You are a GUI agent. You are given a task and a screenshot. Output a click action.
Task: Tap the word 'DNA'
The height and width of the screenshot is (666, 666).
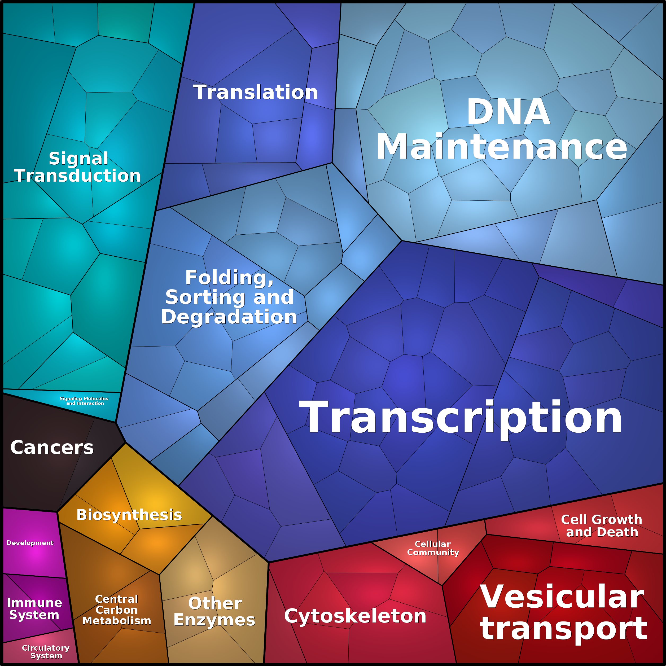pyautogui.click(x=508, y=112)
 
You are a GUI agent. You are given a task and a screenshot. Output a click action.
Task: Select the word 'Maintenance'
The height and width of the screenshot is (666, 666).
pyautogui.click(x=502, y=147)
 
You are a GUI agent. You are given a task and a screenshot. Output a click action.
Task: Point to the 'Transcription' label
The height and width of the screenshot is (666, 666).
pyautogui.click(x=460, y=418)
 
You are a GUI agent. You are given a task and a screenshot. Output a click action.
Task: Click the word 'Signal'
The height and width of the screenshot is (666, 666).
pyautogui.click(x=78, y=159)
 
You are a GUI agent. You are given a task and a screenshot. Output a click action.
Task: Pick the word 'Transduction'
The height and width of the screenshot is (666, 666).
pyautogui.click(x=78, y=176)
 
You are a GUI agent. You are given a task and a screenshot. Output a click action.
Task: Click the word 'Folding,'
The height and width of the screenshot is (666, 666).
pyautogui.click(x=230, y=278)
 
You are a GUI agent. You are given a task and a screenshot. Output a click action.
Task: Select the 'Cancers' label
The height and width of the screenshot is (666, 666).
pyautogui.click(x=52, y=448)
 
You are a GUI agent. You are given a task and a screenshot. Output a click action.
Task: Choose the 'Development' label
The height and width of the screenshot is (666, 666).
pyautogui.click(x=30, y=543)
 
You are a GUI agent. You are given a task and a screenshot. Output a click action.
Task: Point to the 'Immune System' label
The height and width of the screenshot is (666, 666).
pyautogui.click(x=34, y=608)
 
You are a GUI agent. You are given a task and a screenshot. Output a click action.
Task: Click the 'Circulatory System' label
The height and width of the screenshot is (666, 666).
pyautogui.click(x=46, y=651)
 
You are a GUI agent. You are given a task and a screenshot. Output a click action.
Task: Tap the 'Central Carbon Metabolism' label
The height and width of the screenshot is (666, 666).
pyautogui.click(x=116, y=610)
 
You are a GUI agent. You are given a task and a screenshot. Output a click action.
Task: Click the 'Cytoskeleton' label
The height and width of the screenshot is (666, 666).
pyautogui.click(x=355, y=616)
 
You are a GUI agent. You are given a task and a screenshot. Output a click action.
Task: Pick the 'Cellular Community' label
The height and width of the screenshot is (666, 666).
pyautogui.click(x=433, y=548)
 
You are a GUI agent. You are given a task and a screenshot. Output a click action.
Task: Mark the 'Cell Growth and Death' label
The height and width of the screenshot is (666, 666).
pyautogui.click(x=602, y=526)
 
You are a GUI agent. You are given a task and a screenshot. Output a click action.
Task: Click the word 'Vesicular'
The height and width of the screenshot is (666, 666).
pyautogui.click(x=562, y=597)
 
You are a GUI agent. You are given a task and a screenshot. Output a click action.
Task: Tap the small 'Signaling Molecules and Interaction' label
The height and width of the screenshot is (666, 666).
pyautogui.click(x=84, y=401)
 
